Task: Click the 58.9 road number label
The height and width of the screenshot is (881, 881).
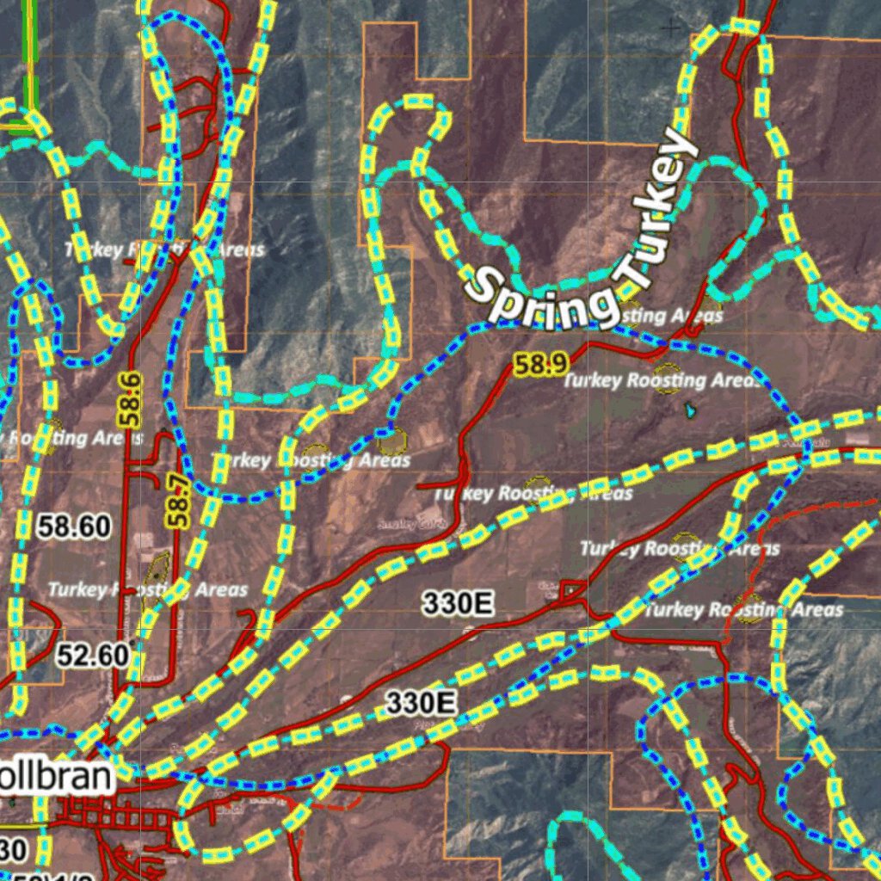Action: point(541,365)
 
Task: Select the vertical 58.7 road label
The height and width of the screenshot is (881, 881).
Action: point(178,500)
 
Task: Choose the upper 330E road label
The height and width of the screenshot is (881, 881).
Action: point(458,604)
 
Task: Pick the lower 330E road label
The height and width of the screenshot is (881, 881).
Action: point(420,703)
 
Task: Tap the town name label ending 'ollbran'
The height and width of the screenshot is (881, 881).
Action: point(55,777)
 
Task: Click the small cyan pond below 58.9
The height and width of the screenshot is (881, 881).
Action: point(690,410)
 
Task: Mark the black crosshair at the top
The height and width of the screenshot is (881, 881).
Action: point(669,28)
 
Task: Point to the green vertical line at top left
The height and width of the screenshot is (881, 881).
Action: point(30,52)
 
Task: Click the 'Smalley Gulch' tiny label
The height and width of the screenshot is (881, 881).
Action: point(397,523)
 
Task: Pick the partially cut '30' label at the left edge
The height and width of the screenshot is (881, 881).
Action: point(12,849)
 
